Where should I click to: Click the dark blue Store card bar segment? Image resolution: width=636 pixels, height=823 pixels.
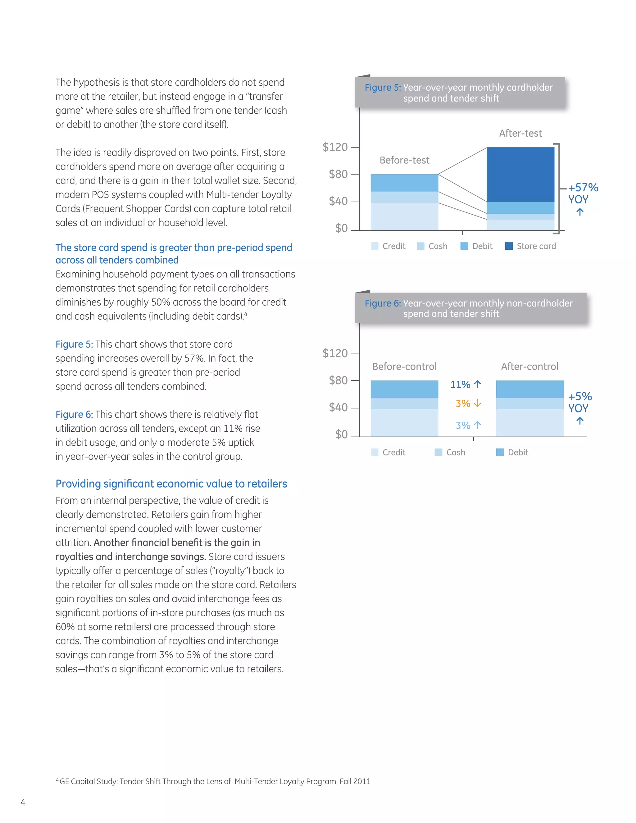pyautogui.click(x=520, y=175)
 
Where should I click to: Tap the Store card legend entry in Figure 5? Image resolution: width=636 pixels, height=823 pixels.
pyautogui.click(x=530, y=246)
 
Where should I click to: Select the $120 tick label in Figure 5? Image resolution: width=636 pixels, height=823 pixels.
pyautogui.click(x=335, y=147)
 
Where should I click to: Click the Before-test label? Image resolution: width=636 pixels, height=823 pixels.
pyautogui.click(x=404, y=160)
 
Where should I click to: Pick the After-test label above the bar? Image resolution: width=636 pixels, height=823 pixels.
pyautogui.click(x=520, y=134)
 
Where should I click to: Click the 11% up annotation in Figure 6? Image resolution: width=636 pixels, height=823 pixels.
pyautogui.click(x=466, y=384)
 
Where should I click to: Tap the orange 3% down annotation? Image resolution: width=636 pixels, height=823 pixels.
pyautogui.click(x=468, y=404)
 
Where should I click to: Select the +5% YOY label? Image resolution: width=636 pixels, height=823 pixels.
pyautogui.click(x=580, y=402)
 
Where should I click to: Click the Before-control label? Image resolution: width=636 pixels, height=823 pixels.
pyautogui.click(x=404, y=367)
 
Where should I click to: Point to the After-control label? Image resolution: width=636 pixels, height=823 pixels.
pyautogui.click(x=529, y=367)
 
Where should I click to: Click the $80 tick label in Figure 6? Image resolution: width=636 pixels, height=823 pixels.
pyautogui.click(x=338, y=380)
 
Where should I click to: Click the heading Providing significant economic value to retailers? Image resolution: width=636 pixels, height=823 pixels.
pyautogui.click(x=171, y=484)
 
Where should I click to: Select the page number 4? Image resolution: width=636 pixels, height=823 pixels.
pyautogui.click(x=23, y=803)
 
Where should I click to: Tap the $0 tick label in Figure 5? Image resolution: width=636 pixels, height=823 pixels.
pyautogui.click(x=341, y=228)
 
